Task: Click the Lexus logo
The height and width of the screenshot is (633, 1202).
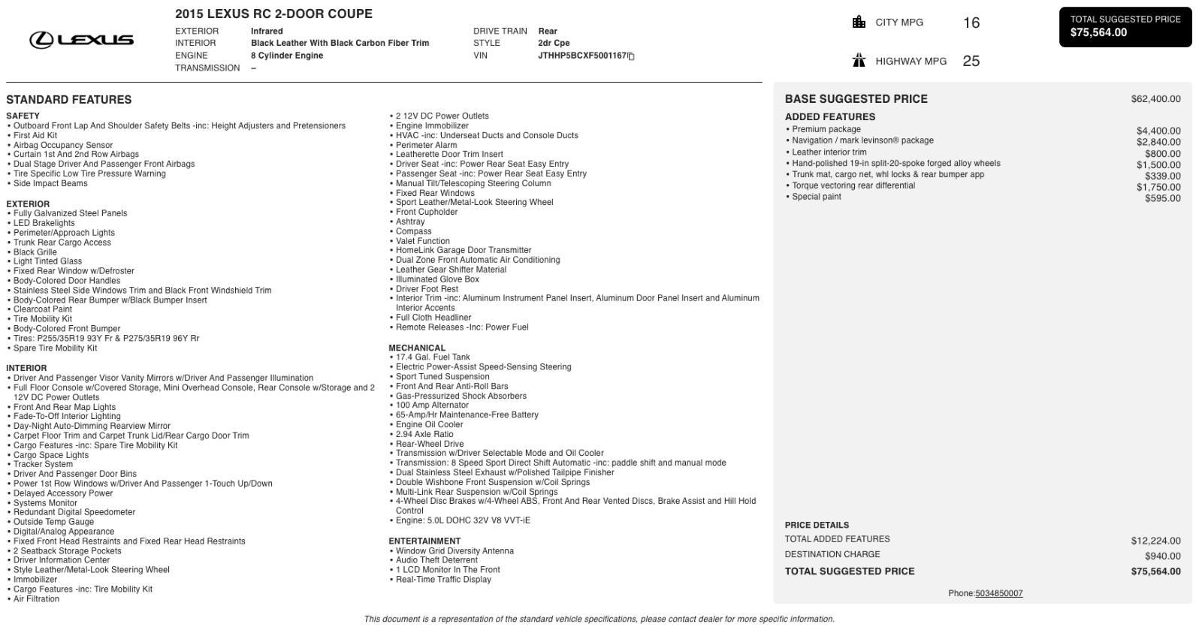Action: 81,40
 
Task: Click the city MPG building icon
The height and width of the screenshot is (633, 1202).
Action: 859,22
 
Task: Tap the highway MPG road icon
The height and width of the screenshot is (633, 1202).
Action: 859,61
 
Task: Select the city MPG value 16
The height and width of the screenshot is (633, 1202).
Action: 971,23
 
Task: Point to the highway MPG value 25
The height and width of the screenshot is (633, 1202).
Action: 971,62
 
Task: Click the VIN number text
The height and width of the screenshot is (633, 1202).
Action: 581,56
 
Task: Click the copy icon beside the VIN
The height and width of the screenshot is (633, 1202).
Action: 631,56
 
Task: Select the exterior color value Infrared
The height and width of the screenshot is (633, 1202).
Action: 267,32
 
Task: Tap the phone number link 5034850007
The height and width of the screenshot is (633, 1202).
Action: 998,593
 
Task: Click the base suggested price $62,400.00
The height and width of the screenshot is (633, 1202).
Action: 1155,99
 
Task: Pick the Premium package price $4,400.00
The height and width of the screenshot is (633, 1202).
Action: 1158,131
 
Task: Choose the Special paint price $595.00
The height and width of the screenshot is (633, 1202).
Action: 1162,198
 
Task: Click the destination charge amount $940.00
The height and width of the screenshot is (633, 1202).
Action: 1162,556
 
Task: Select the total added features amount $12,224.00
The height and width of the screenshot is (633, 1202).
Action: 1155,541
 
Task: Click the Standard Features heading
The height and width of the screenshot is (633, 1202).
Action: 69,100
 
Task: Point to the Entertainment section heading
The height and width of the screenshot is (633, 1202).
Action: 424,541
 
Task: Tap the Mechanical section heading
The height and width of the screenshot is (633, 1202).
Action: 417,348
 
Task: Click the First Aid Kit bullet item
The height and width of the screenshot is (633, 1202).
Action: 35,136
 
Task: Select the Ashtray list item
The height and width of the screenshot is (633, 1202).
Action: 410,222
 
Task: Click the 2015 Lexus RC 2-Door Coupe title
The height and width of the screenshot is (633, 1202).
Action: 273,14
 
